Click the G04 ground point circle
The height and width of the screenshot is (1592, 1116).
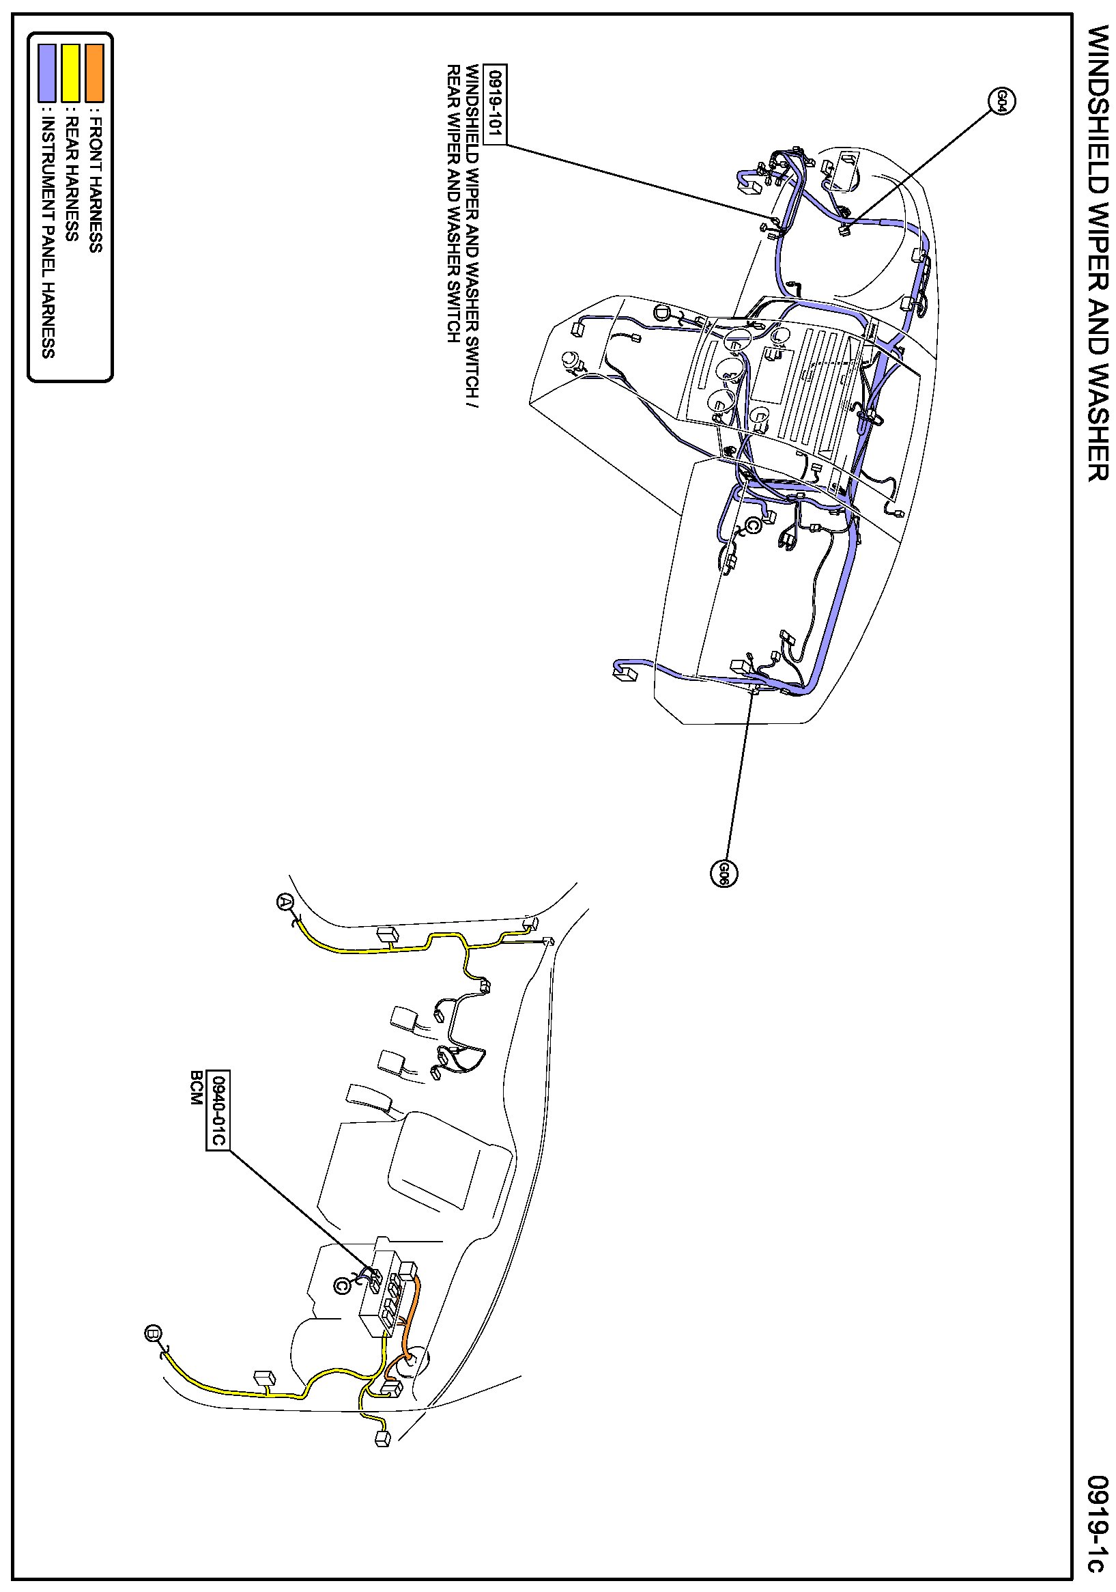click(x=1001, y=101)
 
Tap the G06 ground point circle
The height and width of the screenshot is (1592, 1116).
click(x=724, y=873)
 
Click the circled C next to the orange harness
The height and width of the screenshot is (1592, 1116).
click(x=341, y=1285)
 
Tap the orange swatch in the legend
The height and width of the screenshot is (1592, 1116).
click(x=94, y=73)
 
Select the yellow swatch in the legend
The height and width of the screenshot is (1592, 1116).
click(x=71, y=73)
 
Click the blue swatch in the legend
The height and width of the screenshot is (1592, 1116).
click(x=47, y=73)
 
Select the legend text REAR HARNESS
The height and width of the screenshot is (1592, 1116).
click(x=72, y=179)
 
